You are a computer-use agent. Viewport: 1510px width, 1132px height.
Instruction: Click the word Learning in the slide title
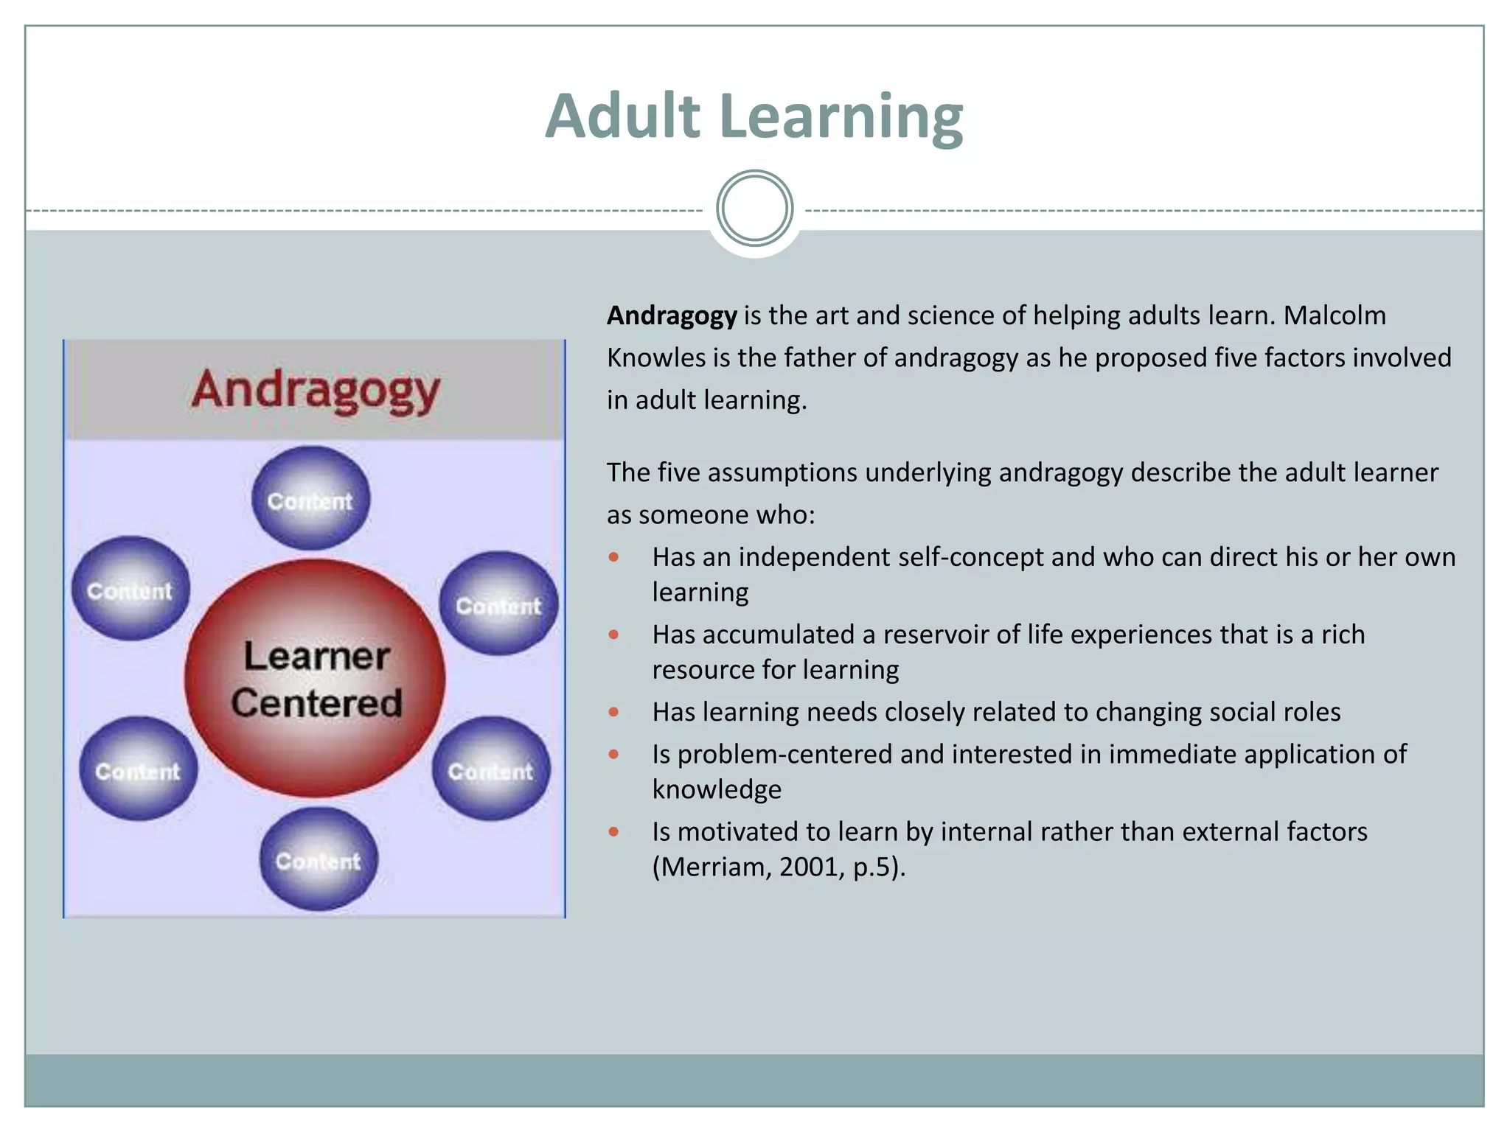point(841,118)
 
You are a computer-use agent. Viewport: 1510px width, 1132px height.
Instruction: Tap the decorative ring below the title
point(754,209)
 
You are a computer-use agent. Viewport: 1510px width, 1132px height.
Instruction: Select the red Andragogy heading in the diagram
point(316,390)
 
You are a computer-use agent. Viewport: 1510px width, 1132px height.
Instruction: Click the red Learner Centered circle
point(316,678)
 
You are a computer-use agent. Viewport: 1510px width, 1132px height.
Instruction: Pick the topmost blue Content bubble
point(310,499)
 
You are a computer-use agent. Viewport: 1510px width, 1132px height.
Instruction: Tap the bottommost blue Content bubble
point(319,859)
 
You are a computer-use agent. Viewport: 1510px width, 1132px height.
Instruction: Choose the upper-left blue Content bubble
point(131,589)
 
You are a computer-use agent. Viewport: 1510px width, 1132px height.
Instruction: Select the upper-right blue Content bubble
point(498,604)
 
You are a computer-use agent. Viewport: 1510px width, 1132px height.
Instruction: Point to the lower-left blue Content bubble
point(138,769)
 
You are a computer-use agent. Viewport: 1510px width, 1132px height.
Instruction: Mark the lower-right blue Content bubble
point(491,769)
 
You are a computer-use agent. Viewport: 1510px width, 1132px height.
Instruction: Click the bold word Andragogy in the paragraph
point(671,315)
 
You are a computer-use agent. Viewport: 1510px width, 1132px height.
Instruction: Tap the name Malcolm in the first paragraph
point(1335,315)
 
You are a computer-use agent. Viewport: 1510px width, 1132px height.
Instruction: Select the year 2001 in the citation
point(808,867)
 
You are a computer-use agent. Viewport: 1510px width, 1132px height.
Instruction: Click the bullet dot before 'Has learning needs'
point(613,712)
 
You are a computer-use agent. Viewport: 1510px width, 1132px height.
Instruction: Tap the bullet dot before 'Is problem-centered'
point(613,754)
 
